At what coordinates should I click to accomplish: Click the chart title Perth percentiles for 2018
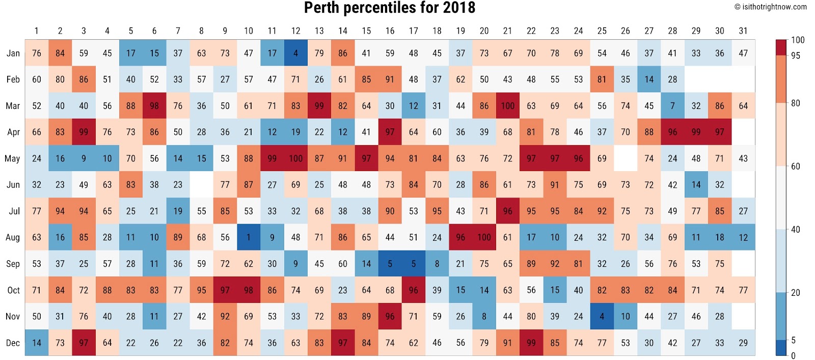(390, 8)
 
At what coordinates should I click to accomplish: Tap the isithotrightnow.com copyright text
(770, 7)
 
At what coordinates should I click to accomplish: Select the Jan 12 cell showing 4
(295, 53)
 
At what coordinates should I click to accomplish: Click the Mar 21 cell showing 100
(507, 106)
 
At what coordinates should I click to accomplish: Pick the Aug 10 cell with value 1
(249, 237)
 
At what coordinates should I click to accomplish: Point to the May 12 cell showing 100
(295, 158)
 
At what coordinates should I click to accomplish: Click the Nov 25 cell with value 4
(602, 316)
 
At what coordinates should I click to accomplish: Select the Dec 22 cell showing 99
(531, 343)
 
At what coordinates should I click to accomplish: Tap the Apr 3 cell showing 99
(84, 132)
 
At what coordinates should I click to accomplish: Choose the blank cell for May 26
(626, 158)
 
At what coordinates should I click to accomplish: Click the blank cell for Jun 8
(201, 185)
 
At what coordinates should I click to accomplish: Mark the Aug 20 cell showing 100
(484, 237)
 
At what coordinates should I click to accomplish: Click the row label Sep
(13, 264)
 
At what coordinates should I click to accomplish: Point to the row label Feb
(13, 79)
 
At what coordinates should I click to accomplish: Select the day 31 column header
(743, 31)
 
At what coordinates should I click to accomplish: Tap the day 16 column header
(390, 31)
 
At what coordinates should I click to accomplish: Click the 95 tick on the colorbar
(795, 56)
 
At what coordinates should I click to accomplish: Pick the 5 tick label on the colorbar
(793, 340)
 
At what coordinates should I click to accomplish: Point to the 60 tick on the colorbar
(795, 166)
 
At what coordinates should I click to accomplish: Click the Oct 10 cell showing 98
(249, 290)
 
